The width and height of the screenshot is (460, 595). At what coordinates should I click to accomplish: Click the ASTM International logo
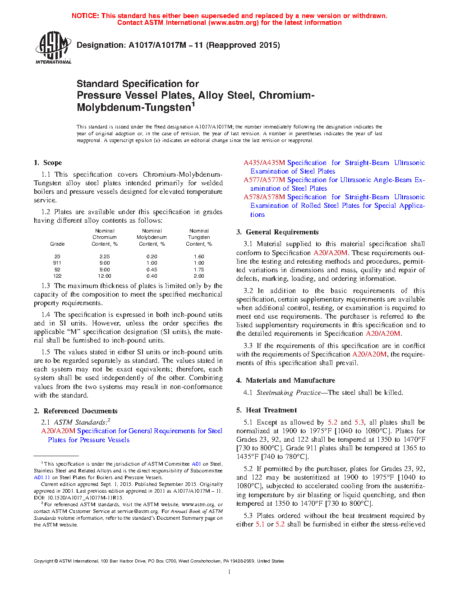(x=53, y=47)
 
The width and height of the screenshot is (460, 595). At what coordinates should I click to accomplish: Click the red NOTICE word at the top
(x=85, y=16)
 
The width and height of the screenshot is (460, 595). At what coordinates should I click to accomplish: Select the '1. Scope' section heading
(x=48, y=163)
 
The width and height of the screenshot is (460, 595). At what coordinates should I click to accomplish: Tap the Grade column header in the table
(x=57, y=244)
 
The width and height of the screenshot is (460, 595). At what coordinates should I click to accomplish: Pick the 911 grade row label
(x=57, y=263)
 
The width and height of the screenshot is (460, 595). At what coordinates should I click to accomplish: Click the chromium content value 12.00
(x=104, y=276)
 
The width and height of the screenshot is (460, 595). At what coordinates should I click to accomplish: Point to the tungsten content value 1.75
(x=199, y=270)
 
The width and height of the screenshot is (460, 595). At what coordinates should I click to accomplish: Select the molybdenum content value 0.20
(x=152, y=256)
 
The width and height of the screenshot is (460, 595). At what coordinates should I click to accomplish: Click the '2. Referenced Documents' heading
(x=76, y=411)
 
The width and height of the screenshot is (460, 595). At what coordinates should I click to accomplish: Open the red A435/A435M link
(x=264, y=163)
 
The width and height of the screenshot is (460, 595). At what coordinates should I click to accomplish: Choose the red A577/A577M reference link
(x=264, y=180)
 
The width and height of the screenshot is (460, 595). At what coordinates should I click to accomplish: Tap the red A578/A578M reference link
(x=264, y=197)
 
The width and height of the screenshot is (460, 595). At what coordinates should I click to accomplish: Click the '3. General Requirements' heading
(x=277, y=232)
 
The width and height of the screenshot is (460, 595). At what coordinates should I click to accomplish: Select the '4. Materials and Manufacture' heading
(x=285, y=380)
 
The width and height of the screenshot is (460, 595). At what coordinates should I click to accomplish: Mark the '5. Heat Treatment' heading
(x=267, y=410)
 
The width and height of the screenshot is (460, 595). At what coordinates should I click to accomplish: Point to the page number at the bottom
(x=230, y=572)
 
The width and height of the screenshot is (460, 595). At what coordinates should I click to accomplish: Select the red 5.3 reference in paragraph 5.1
(x=359, y=422)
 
